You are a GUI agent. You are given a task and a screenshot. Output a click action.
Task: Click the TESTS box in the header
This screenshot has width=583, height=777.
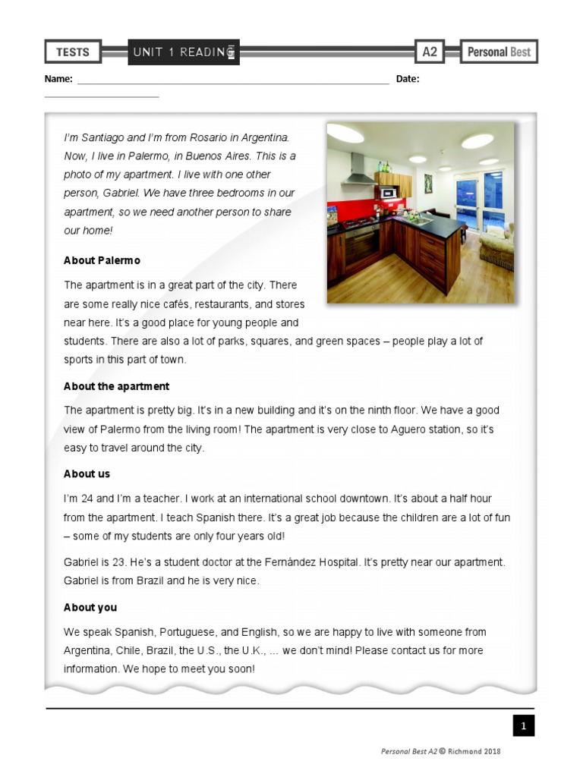click(73, 52)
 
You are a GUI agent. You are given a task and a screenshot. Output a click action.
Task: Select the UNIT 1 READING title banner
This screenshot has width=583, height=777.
click(184, 52)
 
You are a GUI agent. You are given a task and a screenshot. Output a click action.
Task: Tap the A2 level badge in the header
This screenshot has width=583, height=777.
click(430, 52)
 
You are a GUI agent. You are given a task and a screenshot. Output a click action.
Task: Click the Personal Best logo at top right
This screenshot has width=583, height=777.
click(499, 52)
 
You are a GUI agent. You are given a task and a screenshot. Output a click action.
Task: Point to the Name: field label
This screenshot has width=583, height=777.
click(58, 79)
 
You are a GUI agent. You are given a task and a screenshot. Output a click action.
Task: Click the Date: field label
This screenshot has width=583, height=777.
click(408, 79)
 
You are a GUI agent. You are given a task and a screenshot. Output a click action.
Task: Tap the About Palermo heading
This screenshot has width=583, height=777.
click(102, 260)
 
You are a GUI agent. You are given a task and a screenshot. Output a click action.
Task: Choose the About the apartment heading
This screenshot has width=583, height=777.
click(116, 386)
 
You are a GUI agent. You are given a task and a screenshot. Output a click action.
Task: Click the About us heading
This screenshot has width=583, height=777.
click(87, 473)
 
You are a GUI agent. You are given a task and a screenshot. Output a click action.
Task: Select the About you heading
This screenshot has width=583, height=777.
click(90, 607)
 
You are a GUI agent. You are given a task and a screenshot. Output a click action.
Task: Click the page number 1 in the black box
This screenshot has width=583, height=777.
click(522, 726)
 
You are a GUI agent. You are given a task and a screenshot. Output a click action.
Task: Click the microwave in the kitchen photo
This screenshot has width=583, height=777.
click(389, 193)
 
